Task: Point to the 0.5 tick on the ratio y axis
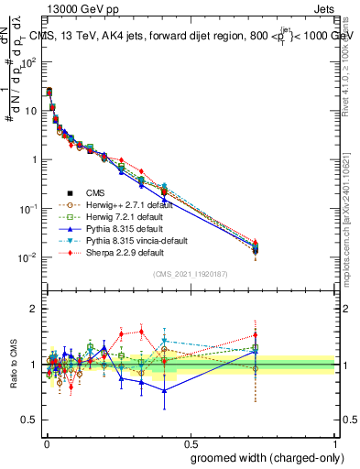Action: [31, 420]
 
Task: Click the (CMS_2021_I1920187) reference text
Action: [191, 275]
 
